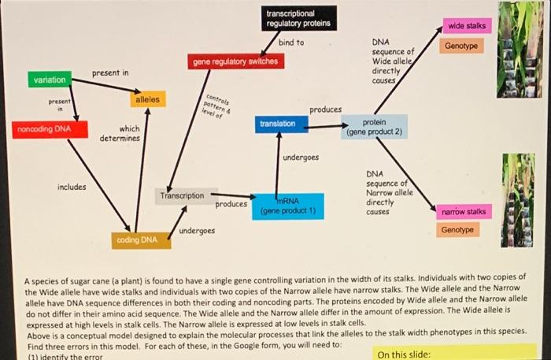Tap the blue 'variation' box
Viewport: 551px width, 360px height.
pyautogui.click(x=50, y=80)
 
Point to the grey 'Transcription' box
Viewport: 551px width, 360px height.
pyautogui.click(x=182, y=195)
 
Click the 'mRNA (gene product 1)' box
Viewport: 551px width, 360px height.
pyautogui.click(x=287, y=206)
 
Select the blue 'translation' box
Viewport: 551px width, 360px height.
pyautogui.click(x=276, y=124)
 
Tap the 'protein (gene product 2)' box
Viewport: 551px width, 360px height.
pyautogui.click(x=374, y=128)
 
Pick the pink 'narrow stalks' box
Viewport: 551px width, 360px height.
pyautogui.click(x=464, y=212)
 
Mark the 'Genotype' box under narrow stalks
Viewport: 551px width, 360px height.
pyautogui.click(x=457, y=230)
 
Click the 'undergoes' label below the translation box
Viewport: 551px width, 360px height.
pyautogui.click(x=301, y=158)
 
